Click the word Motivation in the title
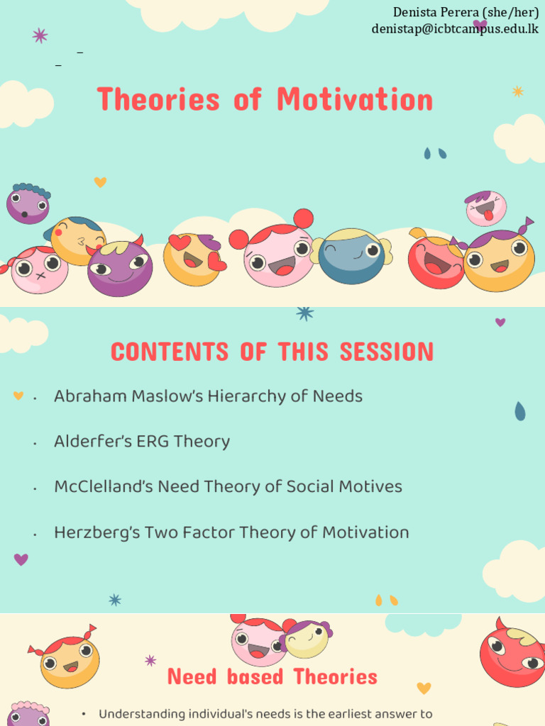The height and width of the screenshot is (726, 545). click(x=355, y=100)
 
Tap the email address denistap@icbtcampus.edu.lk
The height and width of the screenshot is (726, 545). click(x=455, y=29)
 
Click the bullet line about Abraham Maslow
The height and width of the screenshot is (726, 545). click(x=208, y=396)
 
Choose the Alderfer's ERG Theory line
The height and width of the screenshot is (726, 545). click(x=142, y=442)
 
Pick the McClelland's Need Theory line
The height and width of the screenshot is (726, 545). click(x=228, y=487)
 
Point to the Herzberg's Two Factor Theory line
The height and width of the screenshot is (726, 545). click(x=231, y=532)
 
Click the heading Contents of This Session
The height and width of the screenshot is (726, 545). click(x=272, y=352)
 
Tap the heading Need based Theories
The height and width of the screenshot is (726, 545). click(x=272, y=677)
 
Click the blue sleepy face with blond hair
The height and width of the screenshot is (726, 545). click(x=351, y=256)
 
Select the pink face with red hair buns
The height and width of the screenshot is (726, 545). click(x=277, y=255)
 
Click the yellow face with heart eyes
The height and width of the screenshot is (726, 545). click(x=193, y=259)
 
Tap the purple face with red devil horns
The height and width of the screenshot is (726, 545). click(x=119, y=268)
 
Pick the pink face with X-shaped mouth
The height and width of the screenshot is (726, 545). click(x=39, y=269)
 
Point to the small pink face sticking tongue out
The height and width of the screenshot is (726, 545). click(x=485, y=208)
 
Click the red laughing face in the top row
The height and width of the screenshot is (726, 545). click(x=434, y=262)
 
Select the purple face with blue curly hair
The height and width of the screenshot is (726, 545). click(x=28, y=203)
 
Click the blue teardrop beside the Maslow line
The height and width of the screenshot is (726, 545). click(x=520, y=411)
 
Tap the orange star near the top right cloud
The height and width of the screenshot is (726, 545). click(x=518, y=91)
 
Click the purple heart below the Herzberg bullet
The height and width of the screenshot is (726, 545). click(x=21, y=559)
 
